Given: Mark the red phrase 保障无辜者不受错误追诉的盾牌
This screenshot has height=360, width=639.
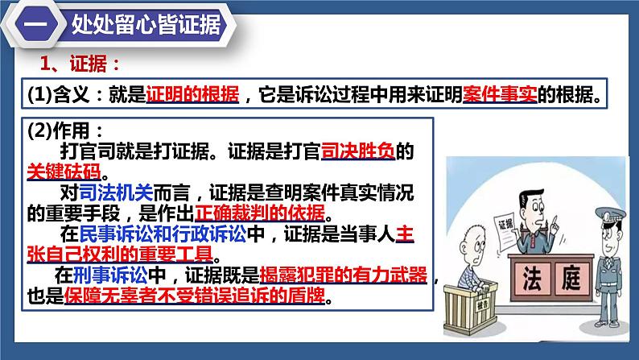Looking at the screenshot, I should [x=194, y=296].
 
